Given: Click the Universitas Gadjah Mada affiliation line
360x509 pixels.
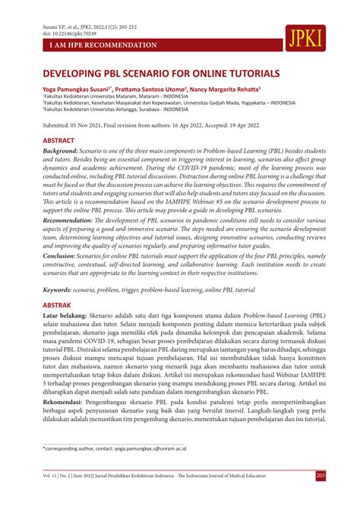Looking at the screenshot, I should pyautogui.click(x=169, y=105).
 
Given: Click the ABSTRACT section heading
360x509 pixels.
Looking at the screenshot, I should pyautogui.click(x=58, y=141).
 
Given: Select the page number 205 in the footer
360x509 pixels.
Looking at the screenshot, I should pyautogui.click(x=321, y=496).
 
